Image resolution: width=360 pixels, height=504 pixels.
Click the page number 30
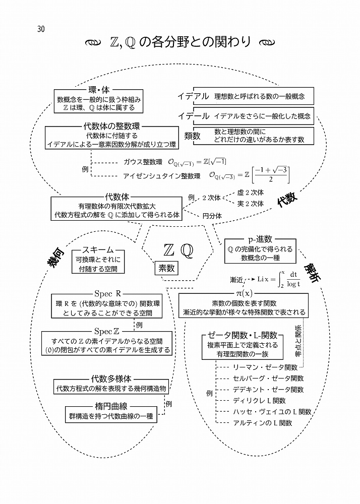coord(41,29)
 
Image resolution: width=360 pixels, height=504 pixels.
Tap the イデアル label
coord(193,96)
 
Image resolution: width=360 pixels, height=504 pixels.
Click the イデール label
coord(193,116)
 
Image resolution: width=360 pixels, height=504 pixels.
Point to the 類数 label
coord(193,136)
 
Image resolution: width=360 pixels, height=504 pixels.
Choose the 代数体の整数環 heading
coord(111,125)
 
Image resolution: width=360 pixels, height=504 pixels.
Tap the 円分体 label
coord(212,216)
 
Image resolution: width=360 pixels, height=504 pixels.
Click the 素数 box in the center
coord(167,269)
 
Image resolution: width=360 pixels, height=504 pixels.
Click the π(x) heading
coord(245,293)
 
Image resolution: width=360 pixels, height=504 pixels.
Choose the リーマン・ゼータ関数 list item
coord(265,367)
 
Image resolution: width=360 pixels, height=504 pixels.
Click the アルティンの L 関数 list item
coord(262,423)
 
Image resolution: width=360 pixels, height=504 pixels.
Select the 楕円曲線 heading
coord(110,406)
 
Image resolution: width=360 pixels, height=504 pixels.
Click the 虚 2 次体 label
coord(250,193)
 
